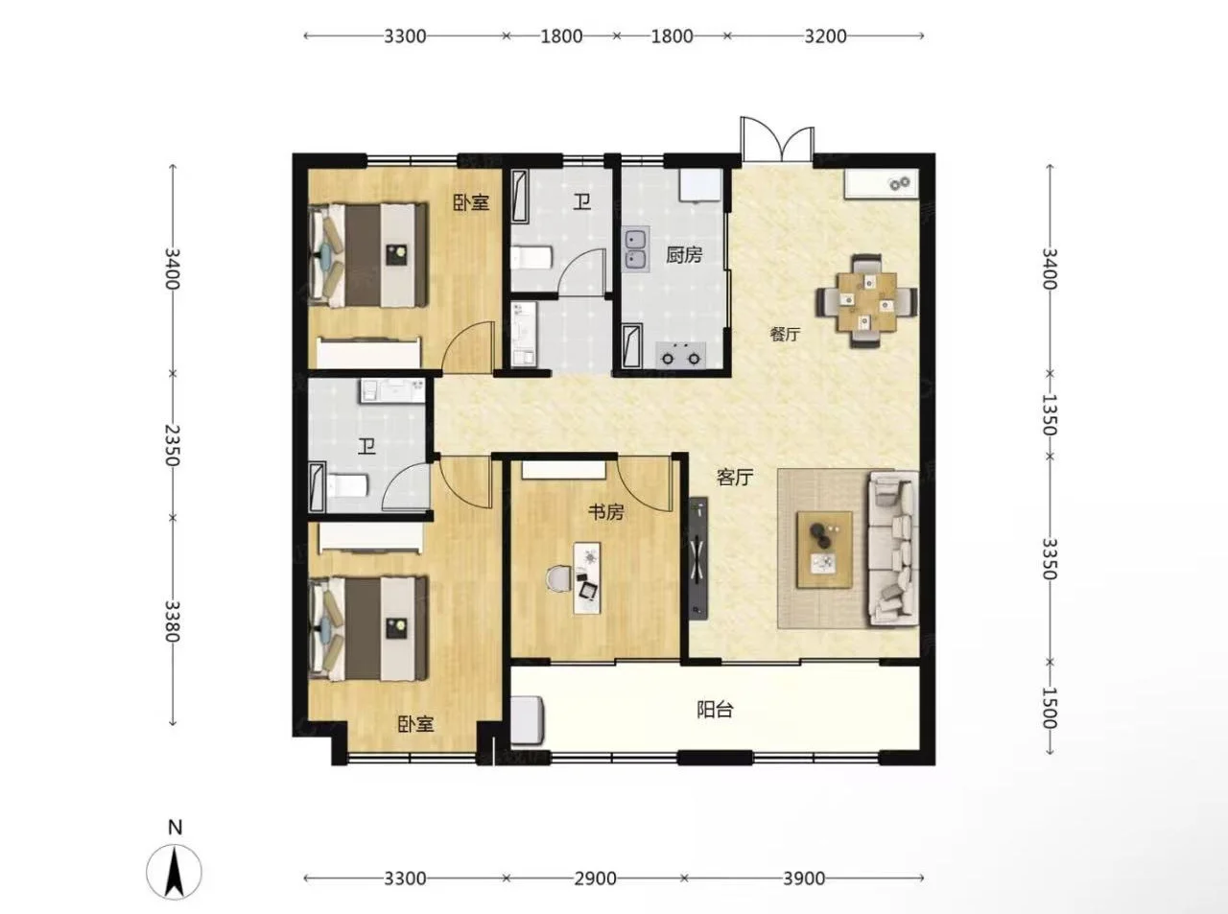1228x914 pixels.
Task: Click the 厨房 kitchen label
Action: click(684, 255)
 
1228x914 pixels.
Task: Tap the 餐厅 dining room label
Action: click(785, 334)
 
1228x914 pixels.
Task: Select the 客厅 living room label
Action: click(735, 477)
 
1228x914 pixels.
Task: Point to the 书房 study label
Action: click(605, 512)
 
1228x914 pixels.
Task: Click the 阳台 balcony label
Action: click(715, 709)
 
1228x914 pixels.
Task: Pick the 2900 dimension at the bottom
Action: click(595, 878)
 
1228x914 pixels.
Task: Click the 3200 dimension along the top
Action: click(825, 36)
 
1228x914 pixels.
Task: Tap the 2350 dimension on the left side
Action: click(173, 446)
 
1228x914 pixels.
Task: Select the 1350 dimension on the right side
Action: click(1050, 415)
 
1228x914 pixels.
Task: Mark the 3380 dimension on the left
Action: click(173, 621)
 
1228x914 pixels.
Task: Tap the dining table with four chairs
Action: click(866, 300)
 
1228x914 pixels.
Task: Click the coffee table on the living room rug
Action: click(824, 550)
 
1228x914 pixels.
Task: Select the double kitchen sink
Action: click(636, 248)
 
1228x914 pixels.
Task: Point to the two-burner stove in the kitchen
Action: click(681, 355)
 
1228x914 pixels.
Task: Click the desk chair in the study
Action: click(559, 579)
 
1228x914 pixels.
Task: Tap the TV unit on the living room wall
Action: click(698, 557)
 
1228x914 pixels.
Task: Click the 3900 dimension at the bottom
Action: click(804, 878)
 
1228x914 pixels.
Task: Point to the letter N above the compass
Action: click(175, 828)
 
